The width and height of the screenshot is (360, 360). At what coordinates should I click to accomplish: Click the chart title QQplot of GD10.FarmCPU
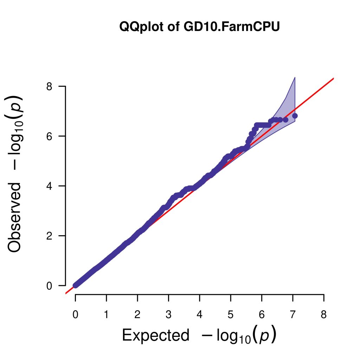199,27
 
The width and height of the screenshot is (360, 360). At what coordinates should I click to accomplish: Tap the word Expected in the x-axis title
155,335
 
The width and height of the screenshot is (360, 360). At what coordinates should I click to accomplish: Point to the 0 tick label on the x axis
75,315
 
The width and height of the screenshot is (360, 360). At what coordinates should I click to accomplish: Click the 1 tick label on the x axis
106,315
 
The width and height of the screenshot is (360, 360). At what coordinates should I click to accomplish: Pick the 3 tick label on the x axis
168,315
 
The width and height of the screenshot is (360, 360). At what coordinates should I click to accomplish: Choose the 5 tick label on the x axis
231,315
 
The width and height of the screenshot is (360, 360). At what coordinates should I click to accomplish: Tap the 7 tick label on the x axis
292,315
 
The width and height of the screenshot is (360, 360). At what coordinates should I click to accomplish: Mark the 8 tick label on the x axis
324,315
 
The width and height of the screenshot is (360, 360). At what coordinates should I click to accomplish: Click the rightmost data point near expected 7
295,116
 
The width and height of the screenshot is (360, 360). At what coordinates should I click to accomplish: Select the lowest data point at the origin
75,285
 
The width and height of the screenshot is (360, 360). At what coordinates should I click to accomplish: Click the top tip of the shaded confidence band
295,77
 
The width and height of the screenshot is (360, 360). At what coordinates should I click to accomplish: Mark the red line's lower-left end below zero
66,293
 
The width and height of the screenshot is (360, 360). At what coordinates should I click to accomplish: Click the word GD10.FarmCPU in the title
231,27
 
